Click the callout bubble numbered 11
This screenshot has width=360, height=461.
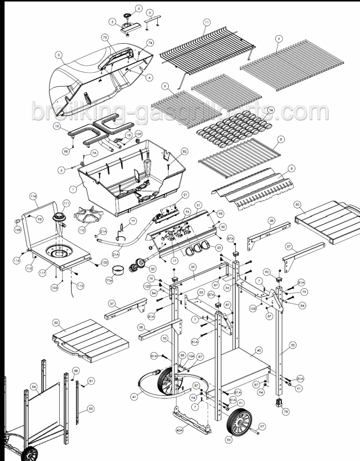pos(206,22)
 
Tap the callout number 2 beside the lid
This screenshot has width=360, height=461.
pos(59,55)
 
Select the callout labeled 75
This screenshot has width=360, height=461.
pos(105,37)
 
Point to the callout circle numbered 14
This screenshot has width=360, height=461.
pos(271,110)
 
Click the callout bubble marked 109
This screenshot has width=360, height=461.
pos(138,133)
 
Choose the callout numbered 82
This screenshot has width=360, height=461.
pos(184,152)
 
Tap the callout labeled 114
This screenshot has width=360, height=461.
pos(33,196)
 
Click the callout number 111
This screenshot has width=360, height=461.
pos(66,204)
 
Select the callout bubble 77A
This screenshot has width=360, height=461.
pos(109,281)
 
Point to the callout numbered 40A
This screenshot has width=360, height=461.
pos(180,430)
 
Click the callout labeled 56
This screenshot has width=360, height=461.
pos(229,439)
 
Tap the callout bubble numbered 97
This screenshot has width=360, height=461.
pos(262,426)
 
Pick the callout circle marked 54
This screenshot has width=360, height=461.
pos(34,387)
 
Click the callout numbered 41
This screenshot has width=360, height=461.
pos(134,397)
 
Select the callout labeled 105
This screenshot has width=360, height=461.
pos(253,308)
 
